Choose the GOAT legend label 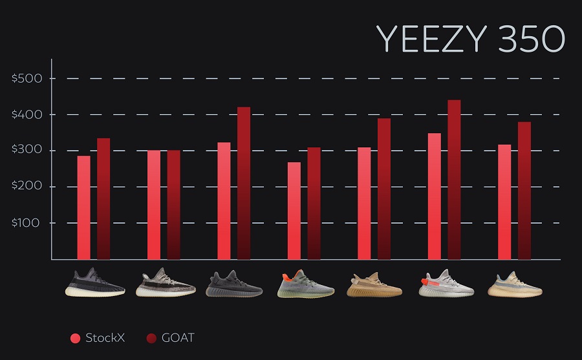coord(177,338)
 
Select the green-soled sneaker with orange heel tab coord(305,284)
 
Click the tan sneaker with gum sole coord(374,285)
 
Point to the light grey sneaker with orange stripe coord(445,283)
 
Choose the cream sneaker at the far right coord(515,284)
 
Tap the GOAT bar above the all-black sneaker coord(244,183)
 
